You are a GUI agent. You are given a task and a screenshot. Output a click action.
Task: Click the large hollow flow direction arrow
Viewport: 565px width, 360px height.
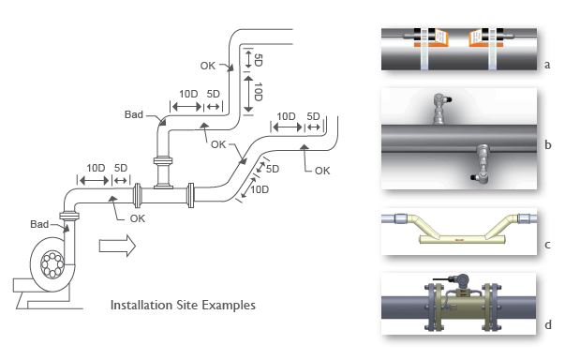tap(117, 246)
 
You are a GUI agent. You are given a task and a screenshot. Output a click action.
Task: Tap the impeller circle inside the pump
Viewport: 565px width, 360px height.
tap(52, 265)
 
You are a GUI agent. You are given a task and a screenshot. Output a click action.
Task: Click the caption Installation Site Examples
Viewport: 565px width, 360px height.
tap(183, 306)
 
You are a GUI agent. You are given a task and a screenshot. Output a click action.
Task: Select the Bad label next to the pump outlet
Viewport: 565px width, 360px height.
tap(39, 224)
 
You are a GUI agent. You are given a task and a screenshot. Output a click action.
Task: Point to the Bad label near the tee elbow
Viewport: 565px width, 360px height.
tap(134, 114)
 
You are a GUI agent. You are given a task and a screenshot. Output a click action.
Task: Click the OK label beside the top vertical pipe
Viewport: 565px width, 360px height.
tap(208, 66)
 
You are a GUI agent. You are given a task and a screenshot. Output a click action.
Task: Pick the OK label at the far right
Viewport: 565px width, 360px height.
tap(322, 171)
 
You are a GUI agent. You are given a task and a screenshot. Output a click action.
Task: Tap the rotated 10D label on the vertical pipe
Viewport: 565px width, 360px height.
tap(258, 92)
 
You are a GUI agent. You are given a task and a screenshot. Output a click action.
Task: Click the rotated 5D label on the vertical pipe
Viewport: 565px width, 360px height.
tap(258, 60)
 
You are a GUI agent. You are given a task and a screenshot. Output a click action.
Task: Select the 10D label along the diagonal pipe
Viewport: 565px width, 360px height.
tap(260, 189)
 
